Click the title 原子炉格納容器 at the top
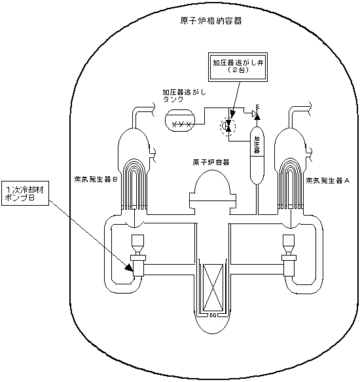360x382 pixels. (211, 21)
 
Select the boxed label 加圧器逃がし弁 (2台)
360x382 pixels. (238, 67)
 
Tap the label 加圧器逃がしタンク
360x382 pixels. (185, 96)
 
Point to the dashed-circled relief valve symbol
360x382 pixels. (228, 126)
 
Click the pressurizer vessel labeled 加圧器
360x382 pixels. (257, 156)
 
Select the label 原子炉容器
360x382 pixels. (211, 162)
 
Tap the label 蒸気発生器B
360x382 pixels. (96, 180)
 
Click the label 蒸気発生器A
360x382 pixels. (328, 181)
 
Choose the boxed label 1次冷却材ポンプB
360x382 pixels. (25, 193)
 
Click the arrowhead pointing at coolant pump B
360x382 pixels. (129, 267)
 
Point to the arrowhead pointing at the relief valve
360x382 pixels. (232, 114)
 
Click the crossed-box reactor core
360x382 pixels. (213, 288)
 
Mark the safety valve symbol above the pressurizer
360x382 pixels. (256, 114)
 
